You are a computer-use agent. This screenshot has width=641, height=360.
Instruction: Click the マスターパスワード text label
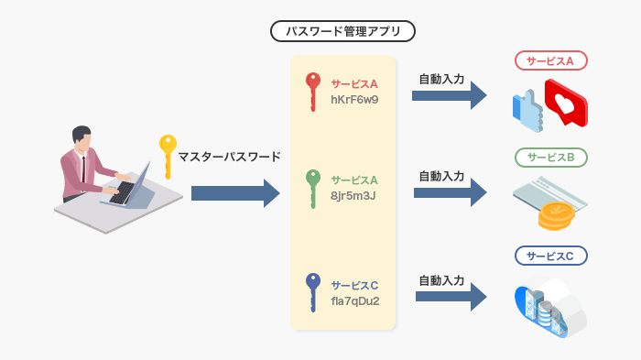(x=229, y=157)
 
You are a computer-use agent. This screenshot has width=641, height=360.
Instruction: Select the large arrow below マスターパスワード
(x=234, y=193)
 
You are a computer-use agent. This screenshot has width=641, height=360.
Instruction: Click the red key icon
(x=313, y=90)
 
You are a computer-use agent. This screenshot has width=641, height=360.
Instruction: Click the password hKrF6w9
(x=354, y=99)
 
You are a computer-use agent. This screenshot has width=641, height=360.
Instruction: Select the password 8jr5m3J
(x=353, y=194)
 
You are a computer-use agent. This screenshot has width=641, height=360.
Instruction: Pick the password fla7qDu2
(x=356, y=300)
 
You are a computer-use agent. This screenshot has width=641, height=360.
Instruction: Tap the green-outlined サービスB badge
(x=550, y=158)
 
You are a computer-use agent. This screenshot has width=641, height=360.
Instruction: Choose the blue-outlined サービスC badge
(x=550, y=256)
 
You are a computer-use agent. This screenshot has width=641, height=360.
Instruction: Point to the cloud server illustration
(x=549, y=306)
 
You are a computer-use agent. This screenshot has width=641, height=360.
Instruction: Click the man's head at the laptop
(x=82, y=137)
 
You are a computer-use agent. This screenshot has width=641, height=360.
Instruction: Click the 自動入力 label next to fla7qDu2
(x=441, y=279)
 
